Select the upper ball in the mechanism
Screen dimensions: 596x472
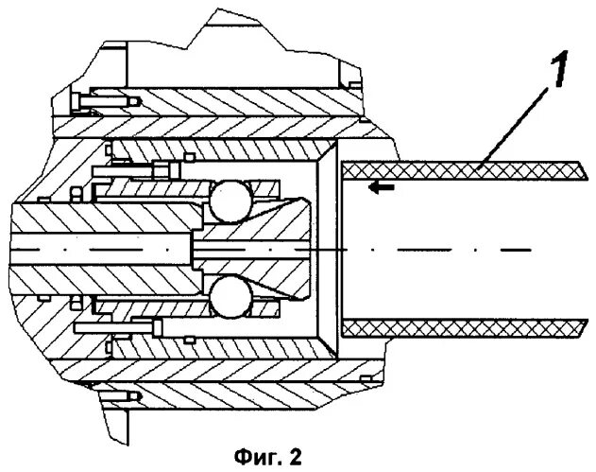click(230, 200)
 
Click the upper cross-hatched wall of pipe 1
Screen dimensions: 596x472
click(453, 168)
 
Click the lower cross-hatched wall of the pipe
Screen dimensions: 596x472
click(453, 328)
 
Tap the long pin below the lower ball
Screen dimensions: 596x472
click(132, 327)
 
